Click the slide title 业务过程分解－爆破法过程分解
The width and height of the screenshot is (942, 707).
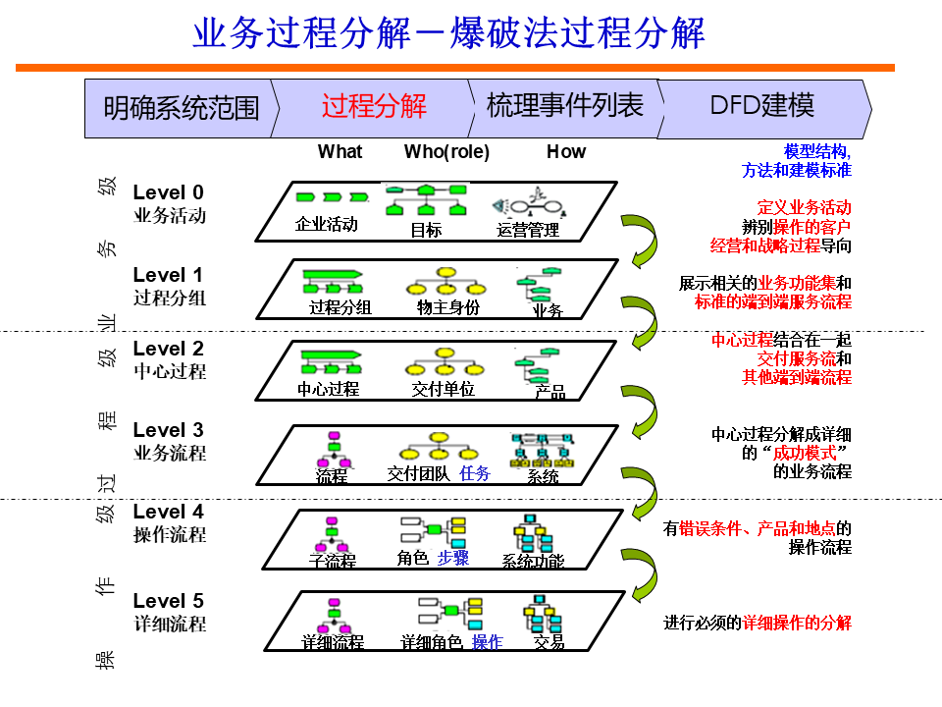448,33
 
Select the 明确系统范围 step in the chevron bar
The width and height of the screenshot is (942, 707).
182,107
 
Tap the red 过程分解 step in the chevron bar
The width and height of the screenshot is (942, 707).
374,106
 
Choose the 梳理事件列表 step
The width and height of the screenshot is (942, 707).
565,106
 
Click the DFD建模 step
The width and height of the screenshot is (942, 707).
761,106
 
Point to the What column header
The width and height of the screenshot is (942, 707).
340,151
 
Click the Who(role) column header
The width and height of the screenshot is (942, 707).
446,151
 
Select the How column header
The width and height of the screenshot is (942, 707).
565,151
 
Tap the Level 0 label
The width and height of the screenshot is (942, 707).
169,192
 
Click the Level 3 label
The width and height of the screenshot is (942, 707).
169,430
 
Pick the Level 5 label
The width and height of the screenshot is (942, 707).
169,601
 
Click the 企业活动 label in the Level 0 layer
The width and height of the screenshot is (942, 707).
327,224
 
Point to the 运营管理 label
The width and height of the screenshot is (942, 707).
528,230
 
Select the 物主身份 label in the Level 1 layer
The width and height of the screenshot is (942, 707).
448,307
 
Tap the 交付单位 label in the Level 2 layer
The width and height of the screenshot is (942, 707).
444,389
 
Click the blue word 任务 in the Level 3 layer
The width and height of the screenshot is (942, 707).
475,473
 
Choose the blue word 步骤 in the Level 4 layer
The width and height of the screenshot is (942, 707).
453,558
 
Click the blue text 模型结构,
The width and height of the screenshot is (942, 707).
817,151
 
